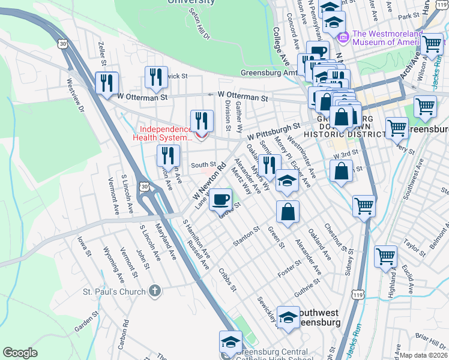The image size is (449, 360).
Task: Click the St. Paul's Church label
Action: (x=114, y=292)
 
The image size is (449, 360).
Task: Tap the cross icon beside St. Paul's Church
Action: (x=155, y=292)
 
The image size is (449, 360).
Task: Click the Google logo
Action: (x=20, y=353)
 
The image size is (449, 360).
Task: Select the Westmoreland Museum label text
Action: (x=388, y=38)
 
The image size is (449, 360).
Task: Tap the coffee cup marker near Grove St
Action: (x=221, y=198)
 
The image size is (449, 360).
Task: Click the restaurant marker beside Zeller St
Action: (x=107, y=82)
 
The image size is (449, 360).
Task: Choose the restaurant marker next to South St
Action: (x=169, y=155)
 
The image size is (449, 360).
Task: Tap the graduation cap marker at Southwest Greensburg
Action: (x=288, y=317)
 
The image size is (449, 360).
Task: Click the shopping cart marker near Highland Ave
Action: (x=385, y=256)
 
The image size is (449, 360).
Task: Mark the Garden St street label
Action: (x=86, y=322)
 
